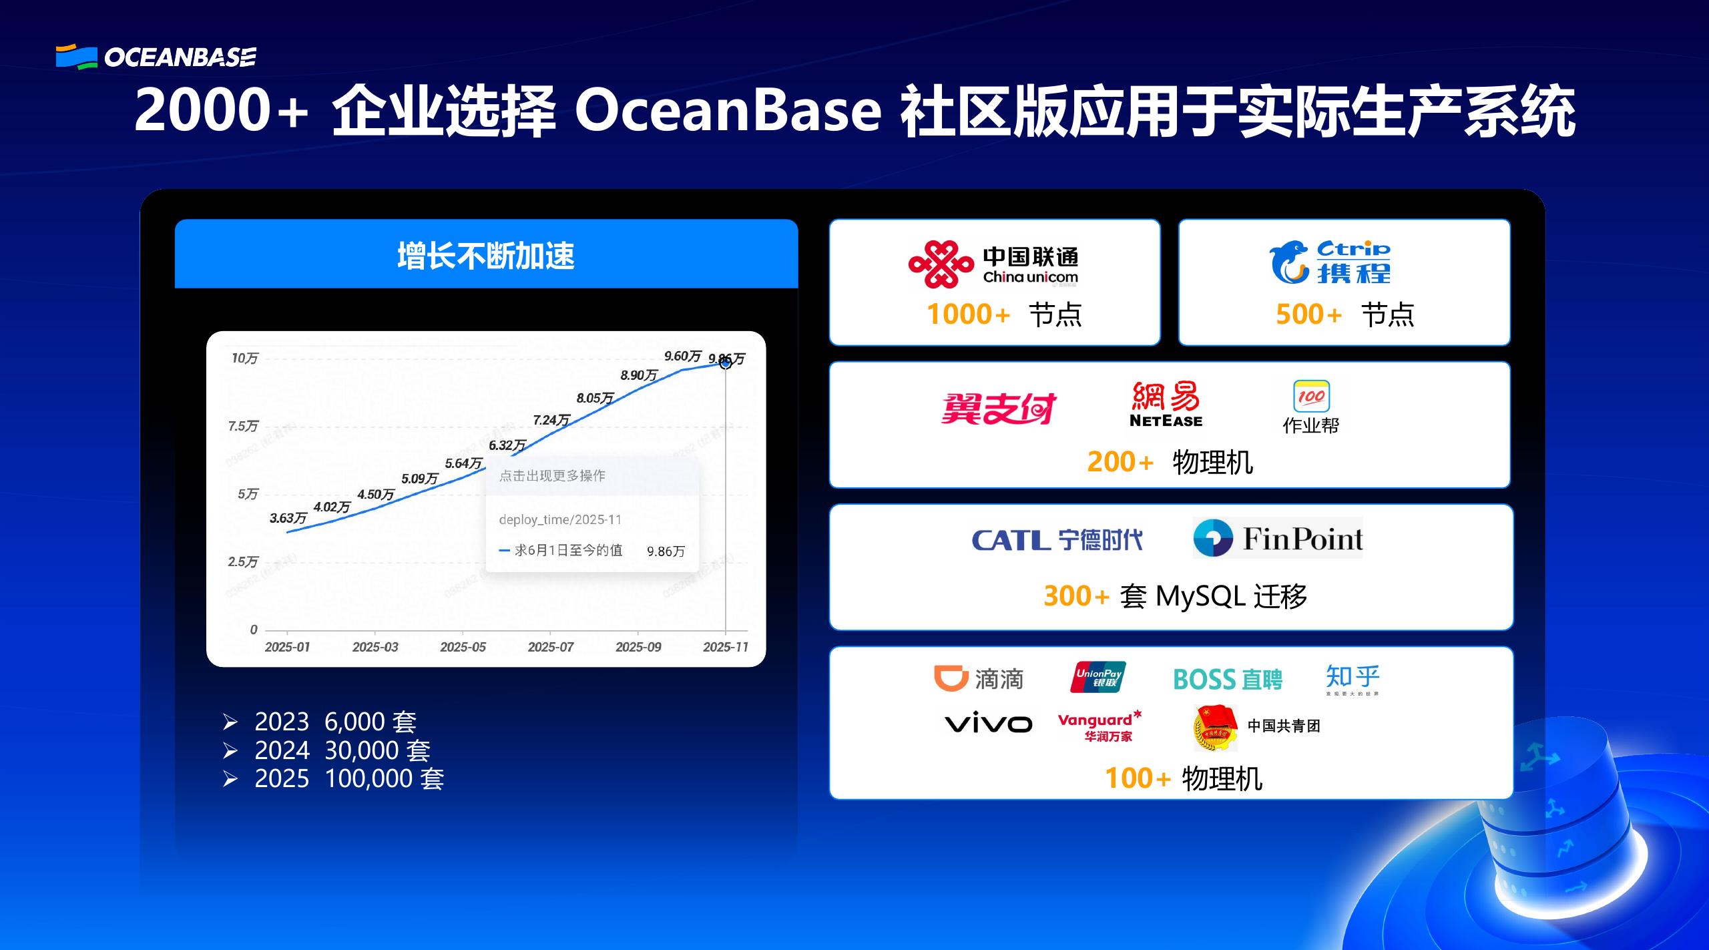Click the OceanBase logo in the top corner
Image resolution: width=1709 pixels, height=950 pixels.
pyautogui.click(x=156, y=57)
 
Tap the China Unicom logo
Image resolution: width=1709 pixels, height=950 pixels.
pyautogui.click(x=993, y=264)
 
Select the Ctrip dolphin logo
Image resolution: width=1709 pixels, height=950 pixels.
pyautogui.click(x=1329, y=263)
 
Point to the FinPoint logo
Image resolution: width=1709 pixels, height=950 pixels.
pyautogui.click(x=1278, y=538)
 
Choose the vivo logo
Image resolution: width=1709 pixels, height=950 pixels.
pyautogui.click(x=988, y=724)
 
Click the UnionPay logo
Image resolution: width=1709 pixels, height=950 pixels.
pyautogui.click(x=1098, y=678)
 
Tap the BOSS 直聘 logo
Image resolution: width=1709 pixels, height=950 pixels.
pyautogui.click(x=1228, y=680)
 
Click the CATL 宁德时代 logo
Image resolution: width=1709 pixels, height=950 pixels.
pyautogui.click(x=1057, y=539)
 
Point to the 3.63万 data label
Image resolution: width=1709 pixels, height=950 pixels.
pyautogui.click(x=288, y=518)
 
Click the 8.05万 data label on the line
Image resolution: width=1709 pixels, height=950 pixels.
pyautogui.click(x=595, y=398)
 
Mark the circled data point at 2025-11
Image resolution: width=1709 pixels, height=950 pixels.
pyautogui.click(x=726, y=363)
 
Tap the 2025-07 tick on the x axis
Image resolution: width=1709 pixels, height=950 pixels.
pyautogui.click(x=551, y=646)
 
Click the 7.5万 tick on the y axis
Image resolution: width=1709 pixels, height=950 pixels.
pyautogui.click(x=243, y=426)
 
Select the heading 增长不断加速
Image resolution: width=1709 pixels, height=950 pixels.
pyautogui.click(x=486, y=256)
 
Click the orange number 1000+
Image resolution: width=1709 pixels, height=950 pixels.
pyautogui.click(x=968, y=314)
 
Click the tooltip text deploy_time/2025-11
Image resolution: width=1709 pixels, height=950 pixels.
pyautogui.click(x=560, y=519)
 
